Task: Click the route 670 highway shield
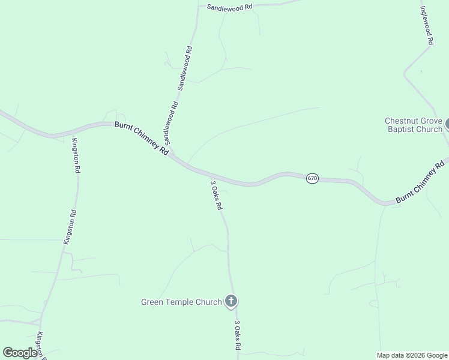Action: (312, 179)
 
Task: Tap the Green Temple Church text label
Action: (181, 302)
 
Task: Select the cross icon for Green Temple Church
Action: (231, 301)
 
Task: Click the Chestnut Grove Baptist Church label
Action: (414, 125)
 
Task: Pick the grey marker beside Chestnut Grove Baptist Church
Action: (447, 125)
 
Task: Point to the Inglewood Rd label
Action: (427, 26)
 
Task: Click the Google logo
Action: (20, 353)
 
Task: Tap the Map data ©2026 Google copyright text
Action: (412, 355)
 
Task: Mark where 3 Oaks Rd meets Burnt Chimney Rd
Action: (207, 173)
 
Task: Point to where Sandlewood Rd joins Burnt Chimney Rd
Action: (172, 154)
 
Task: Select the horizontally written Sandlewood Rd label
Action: (230, 7)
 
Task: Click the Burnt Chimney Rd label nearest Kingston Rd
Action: (142, 138)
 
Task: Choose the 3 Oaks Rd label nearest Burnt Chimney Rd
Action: (217, 195)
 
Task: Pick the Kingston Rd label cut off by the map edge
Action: (41, 345)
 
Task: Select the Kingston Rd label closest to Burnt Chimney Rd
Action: (76, 156)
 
